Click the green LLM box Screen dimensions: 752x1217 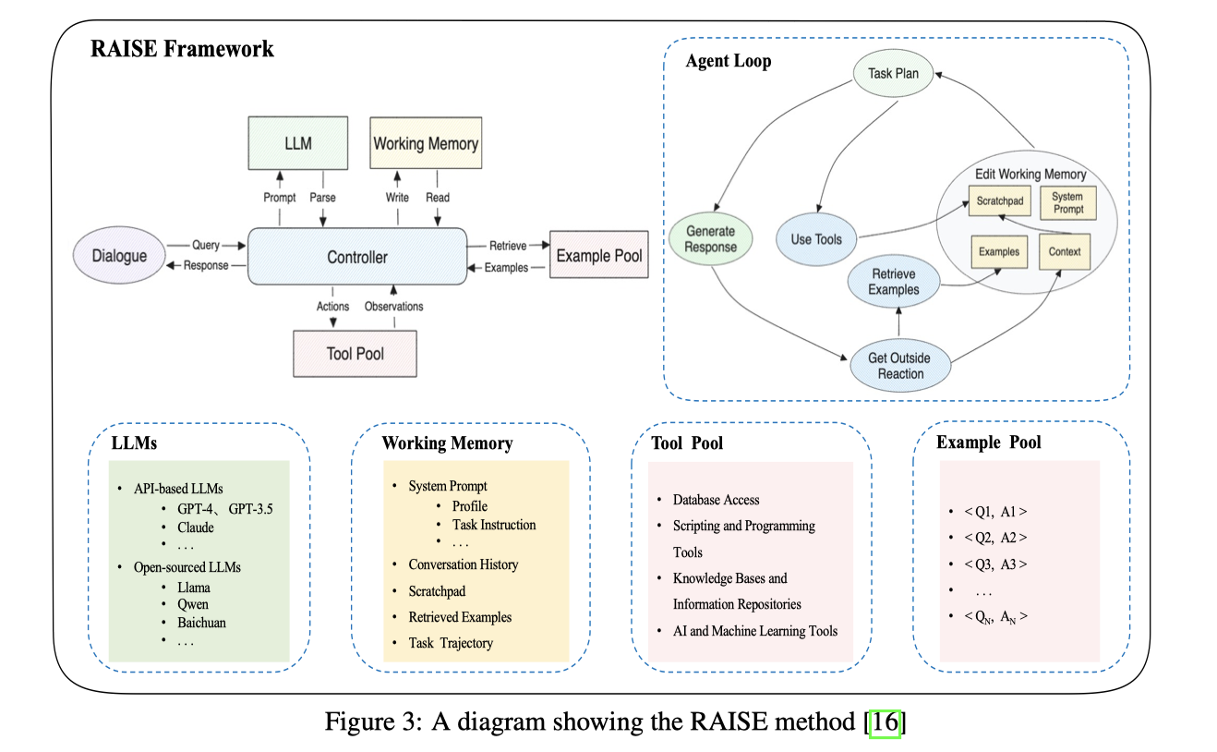298,143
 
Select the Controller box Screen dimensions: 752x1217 357,258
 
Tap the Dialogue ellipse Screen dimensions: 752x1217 119,255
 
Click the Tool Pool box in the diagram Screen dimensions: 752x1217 355,353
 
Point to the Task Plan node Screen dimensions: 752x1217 894,72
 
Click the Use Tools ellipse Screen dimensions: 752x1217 816,239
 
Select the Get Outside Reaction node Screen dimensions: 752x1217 900,366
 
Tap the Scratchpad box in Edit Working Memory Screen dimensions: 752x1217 997,200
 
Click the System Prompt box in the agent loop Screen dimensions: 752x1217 1066,203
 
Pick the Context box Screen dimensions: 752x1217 1066,251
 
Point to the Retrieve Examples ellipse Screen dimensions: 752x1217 893,281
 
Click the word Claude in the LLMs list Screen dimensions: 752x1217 196,528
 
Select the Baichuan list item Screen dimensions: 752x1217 201,623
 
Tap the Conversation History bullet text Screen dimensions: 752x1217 463,564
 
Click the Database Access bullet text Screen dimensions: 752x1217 716,500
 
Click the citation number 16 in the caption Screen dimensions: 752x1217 885,722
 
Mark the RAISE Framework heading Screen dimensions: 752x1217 182,49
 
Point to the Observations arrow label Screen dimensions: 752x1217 393,307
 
